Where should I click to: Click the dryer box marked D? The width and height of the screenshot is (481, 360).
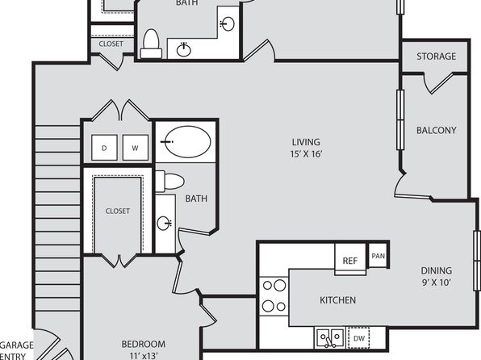tap(104, 148)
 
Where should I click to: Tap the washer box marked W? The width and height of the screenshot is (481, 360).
tap(136, 148)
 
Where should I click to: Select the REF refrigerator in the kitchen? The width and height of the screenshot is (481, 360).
tap(350, 259)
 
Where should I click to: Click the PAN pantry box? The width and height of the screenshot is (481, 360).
tap(378, 256)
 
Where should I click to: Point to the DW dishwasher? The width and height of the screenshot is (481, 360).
tap(358, 338)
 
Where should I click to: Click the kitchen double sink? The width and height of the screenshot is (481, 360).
tap(330, 338)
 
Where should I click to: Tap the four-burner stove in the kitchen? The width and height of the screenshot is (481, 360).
tap(274, 296)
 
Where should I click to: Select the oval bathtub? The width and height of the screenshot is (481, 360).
tap(187, 142)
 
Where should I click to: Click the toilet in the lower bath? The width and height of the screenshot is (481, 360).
tap(169, 182)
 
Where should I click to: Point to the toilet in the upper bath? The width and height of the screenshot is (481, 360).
tap(151, 44)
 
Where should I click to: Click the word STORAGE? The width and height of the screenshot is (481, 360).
tap(436, 57)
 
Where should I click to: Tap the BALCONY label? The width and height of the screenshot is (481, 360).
tap(436, 131)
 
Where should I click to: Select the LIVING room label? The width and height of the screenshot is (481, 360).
tap(306, 142)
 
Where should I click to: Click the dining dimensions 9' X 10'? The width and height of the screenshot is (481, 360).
tap(437, 283)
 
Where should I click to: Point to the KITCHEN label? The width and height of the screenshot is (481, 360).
tap(337, 300)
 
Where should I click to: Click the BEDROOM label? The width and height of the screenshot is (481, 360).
tap(144, 345)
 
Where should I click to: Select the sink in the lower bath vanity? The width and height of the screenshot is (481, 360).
tap(164, 223)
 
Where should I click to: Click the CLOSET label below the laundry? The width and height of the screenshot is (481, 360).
tap(118, 211)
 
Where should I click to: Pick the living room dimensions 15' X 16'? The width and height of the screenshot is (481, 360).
tap(306, 153)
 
